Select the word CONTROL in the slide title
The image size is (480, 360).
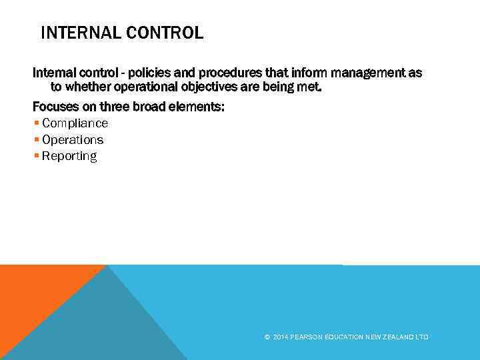[169, 33]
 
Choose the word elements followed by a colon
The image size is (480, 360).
[199, 106]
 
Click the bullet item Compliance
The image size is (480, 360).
[75, 123]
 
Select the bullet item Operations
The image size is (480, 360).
[73, 140]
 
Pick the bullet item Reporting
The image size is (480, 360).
[69, 157]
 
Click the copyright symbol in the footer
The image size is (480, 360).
[267, 337]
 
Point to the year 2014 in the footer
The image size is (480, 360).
[280, 337]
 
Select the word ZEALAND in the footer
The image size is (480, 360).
[396, 337]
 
